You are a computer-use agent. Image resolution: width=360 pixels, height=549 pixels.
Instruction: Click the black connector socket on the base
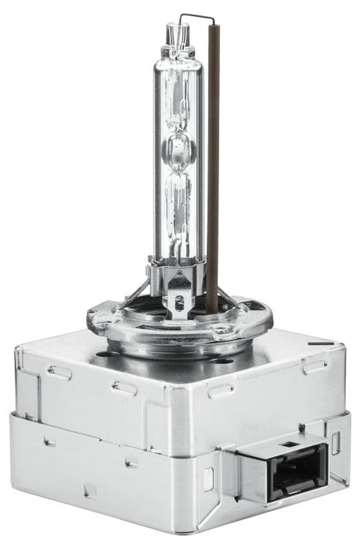(x=298, y=472)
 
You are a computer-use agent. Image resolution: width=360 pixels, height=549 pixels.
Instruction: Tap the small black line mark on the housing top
(x=321, y=343)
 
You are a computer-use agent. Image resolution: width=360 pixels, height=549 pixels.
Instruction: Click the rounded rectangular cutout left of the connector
(x=208, y=479)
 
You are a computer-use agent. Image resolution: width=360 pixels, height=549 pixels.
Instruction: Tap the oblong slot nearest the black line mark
(x=314, y=367)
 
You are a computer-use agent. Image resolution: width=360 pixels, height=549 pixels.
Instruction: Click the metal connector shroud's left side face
(x=246, y=477)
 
